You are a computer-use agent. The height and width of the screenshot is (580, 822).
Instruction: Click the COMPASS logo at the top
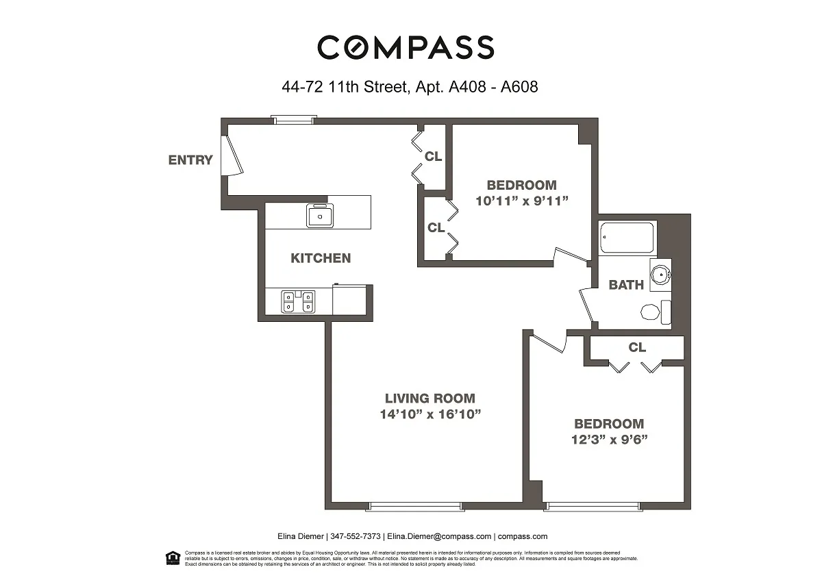pos(406,48)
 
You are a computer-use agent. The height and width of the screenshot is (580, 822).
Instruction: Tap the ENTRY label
pos(190,160)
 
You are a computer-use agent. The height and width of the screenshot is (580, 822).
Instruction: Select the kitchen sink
pos(319,216)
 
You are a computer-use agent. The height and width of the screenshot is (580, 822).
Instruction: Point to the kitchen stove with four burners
pos(299,302)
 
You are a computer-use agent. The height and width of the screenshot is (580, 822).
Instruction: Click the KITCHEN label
pos(321,258)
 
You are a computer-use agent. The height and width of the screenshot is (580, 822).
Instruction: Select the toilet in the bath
pos(655,314)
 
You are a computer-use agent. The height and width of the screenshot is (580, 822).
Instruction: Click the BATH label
pos(626,285)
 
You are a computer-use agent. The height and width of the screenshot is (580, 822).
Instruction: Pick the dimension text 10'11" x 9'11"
pos(522,201)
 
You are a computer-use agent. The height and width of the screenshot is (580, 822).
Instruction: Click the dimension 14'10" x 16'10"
pos(429,414)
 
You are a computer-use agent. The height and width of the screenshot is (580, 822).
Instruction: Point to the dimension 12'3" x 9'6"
pos(609,440)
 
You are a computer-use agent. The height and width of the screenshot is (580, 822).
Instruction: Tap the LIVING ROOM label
pos(429,398)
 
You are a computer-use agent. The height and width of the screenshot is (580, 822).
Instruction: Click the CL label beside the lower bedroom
pos(637,348)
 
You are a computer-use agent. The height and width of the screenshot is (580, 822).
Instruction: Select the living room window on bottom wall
pos(415,507)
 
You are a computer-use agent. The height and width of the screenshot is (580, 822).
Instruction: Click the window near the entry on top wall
pos(293,121)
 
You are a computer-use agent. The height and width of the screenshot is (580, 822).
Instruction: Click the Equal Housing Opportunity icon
pos(173,557)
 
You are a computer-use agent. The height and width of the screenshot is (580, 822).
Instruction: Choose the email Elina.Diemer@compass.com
pos(438,537)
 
